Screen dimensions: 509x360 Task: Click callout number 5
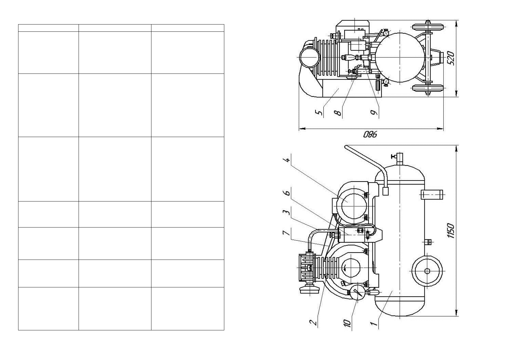(319, 113)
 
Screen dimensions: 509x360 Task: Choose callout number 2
(313, 322)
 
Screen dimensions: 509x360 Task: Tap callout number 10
(347, 323)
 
